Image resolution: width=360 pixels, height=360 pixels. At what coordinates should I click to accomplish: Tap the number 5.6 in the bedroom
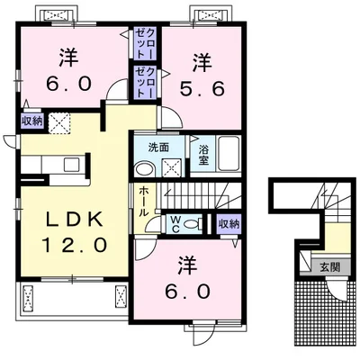(x=202, y=88)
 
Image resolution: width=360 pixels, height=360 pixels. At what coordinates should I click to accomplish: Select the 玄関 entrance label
(x=329, y=267)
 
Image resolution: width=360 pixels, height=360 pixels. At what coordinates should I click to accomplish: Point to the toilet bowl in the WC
(x=192, y=224)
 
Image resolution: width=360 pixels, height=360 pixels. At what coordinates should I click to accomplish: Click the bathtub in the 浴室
(x=229, y=154)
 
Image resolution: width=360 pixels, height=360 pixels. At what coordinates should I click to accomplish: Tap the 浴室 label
(x=203, y=156)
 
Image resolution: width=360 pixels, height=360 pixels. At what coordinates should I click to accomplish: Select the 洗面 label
(x=159, y=147)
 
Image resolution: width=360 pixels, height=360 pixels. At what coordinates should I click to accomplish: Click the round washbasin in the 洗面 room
(x=144, y=169)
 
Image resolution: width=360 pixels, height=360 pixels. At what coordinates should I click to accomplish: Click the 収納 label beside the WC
(x=229, y=223)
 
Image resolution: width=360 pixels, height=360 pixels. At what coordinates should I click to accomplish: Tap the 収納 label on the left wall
(x=32, y=122)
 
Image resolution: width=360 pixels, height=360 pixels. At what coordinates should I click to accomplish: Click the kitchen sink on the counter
(x=72, y=165)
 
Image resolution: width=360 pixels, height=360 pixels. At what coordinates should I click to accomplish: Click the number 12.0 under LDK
(x=74, y=245)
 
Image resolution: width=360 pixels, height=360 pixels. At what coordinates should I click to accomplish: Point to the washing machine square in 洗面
(x=172, y=168)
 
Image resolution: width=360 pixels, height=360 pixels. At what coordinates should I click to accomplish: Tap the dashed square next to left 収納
(x=59, y=122)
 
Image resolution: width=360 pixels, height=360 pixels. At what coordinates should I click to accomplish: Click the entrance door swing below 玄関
(x=337, y=291)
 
